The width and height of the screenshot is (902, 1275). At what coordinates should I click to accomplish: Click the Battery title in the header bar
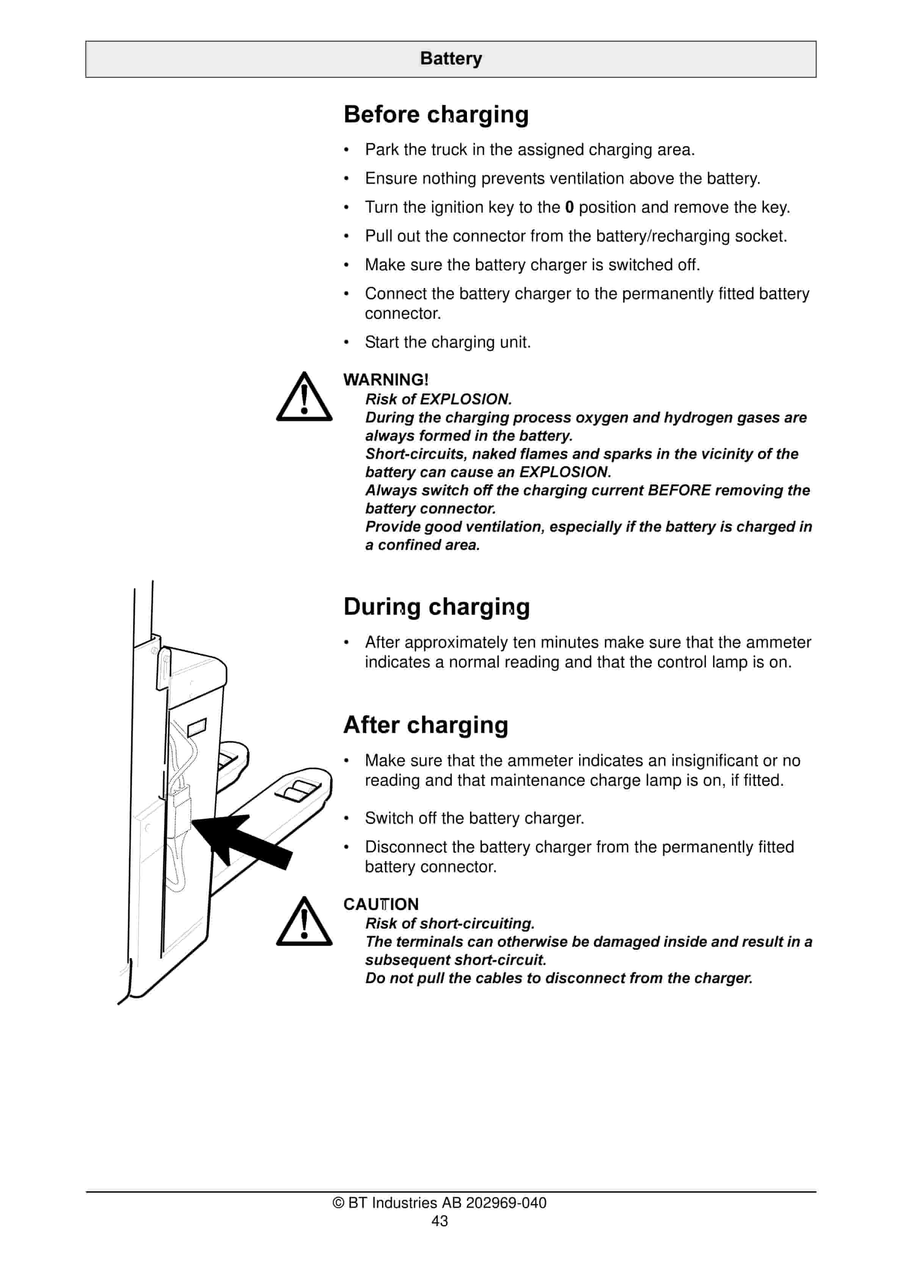point(451,58)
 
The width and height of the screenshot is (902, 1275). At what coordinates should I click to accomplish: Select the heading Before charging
point(436,114)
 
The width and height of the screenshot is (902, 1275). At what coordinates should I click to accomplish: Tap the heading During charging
point(437,606)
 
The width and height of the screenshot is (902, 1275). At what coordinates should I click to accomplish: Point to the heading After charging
point(426,725)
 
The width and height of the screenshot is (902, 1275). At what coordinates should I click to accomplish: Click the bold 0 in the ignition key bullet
point(569,207)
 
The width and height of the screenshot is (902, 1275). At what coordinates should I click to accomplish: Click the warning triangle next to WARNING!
point(304,398)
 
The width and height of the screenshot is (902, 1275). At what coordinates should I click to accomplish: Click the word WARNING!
point(385,380)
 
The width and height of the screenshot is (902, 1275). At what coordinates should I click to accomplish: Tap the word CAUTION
point(381,904)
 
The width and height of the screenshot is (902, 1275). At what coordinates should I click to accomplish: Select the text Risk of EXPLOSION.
point(438,399)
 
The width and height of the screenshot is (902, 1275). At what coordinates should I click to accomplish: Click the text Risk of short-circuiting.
point(449,924)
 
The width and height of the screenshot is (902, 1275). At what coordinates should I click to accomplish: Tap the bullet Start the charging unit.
point(448,342)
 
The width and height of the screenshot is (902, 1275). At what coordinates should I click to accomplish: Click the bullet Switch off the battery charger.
point(474,818)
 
